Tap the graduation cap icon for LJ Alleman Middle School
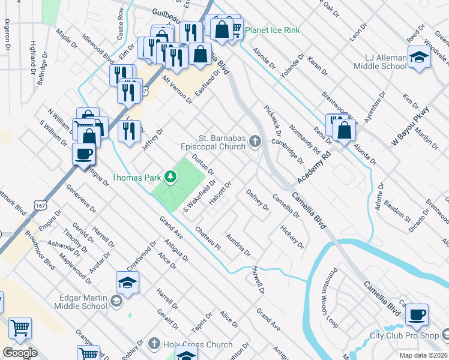[x=418, y=57]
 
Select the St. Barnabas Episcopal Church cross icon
[x=255, y=142]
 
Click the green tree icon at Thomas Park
[x=170, y=177]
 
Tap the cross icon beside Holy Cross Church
[x=154, y=344]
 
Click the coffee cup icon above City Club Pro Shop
[x=417, y=313]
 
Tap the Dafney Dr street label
[x=258, y=199]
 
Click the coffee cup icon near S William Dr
[x=83, y=154]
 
